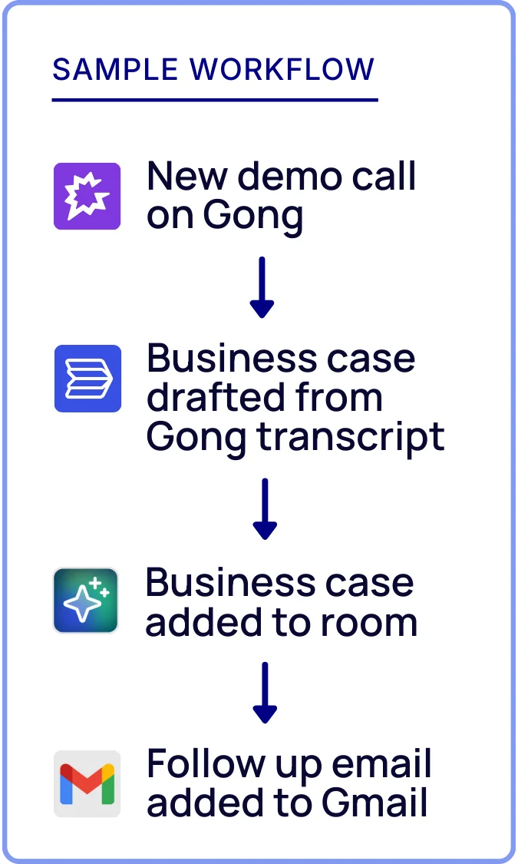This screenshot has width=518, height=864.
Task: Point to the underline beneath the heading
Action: point(215,100)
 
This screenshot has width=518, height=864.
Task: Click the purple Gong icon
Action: point(87,196)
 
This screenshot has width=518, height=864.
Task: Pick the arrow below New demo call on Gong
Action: point(262,288)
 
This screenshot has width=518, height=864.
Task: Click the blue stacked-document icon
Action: point(87,378)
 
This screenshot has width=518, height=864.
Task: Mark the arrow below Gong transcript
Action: point(264,508)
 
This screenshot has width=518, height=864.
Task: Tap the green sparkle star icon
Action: point(86,601)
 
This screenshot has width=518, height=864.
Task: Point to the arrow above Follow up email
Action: point(264,692)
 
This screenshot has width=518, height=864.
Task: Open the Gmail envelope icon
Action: point(87,783)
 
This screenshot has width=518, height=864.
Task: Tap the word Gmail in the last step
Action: point(374,803)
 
